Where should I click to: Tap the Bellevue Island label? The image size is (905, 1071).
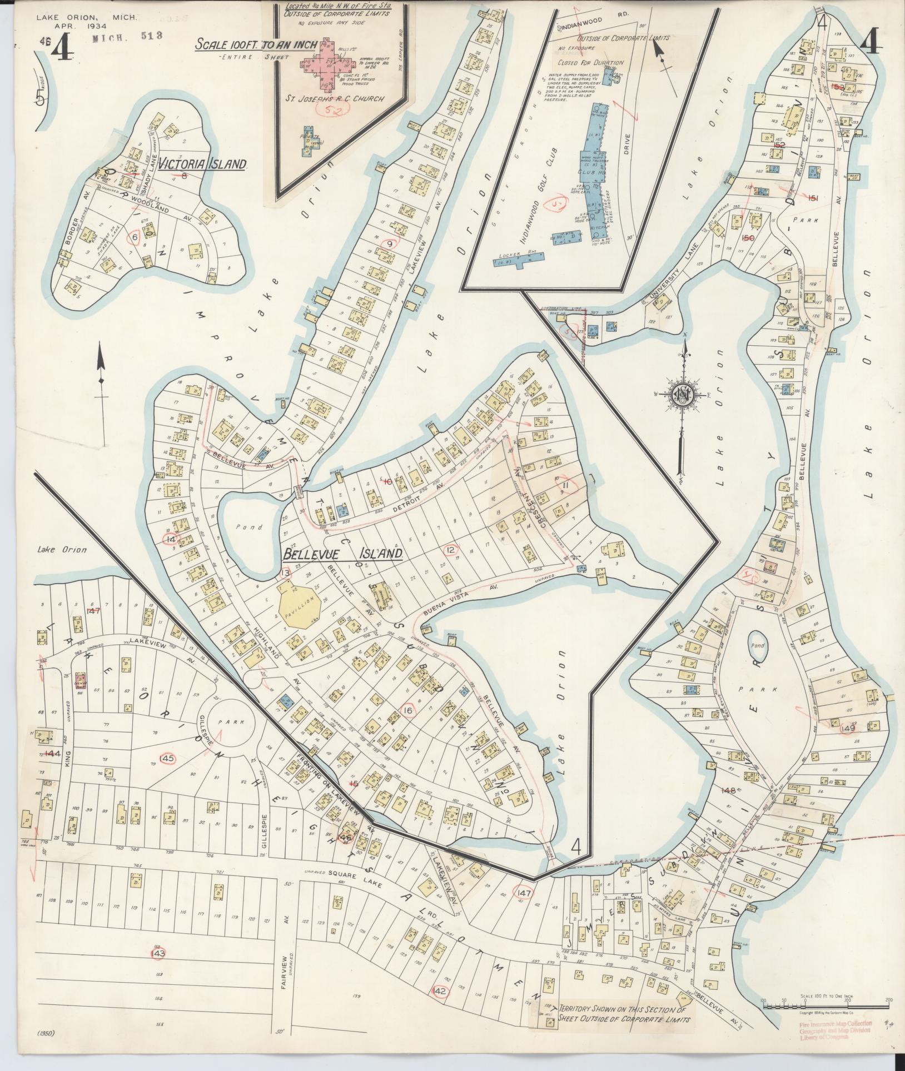click(342, 554)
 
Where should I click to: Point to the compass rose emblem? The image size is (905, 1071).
click(682, 395)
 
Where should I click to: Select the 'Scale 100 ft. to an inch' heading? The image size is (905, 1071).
click(256, 46)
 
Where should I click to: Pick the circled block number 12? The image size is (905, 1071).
click(450, 550)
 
